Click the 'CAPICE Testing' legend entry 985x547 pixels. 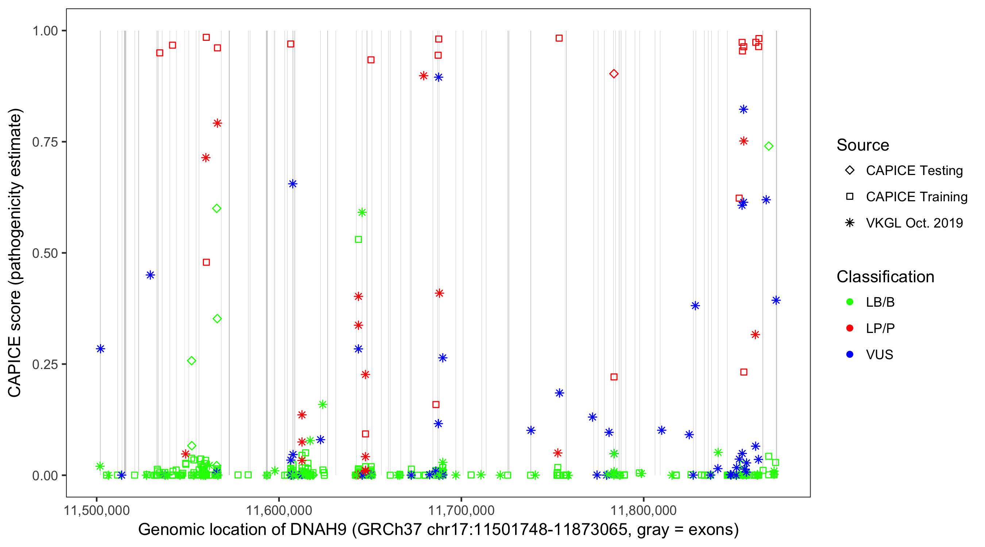[914, 171]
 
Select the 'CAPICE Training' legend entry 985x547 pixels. [916, 197]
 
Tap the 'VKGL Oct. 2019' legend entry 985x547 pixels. [914, 223]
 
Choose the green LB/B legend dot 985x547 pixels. [850, 302]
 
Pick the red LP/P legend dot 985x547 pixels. [850, 328]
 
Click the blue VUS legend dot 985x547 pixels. [850, 355]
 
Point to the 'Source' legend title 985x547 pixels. [863, 145]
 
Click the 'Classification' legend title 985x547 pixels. [885, 277]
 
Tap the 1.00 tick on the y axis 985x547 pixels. [45, 31]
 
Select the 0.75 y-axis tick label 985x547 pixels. [45, 142]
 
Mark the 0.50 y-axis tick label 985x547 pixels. [45, 253]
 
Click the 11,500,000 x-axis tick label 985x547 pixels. [97, 510]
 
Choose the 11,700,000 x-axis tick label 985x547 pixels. [461, 510]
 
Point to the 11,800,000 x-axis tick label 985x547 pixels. [644, 510]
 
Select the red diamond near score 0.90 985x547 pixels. [614, 74]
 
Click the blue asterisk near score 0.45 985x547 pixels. [150, 275]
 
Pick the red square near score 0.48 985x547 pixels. [206, 262]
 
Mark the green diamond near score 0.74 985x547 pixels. [769, 146]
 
